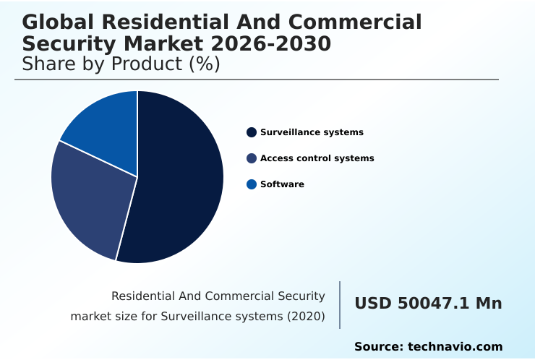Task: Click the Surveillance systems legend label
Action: [312, 132]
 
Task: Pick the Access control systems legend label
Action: [317, 158]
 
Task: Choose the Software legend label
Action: [282, 184]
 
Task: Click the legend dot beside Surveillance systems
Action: [252, 132]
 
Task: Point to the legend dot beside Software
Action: [252, 184]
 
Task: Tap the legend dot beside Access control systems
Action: [252, 158]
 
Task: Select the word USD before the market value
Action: [373, 304]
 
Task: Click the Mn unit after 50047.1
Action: [488, 304]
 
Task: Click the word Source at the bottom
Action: [378, 347]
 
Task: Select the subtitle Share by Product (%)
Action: [121, 64]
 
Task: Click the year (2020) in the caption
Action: [307, 316]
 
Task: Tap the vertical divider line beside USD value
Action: [340, 305]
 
